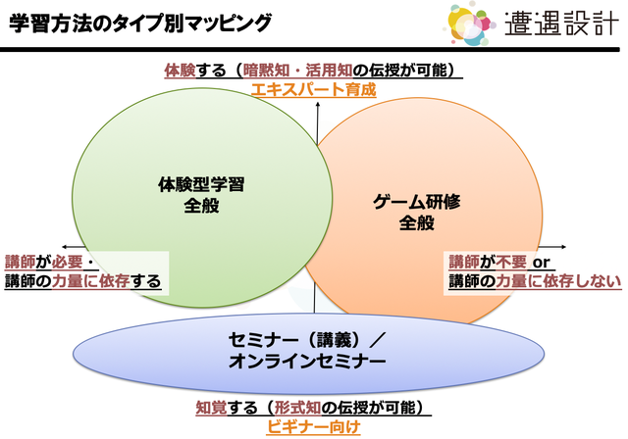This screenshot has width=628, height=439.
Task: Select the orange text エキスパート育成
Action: [x=313, y=89]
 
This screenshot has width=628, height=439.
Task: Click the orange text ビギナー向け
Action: [x=314, y=426]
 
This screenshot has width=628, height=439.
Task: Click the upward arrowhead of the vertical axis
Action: [x=317, y=113]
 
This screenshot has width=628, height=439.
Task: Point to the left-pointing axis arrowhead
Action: [x=64, y=246]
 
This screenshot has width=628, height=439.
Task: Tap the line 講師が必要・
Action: [x=49, y=262]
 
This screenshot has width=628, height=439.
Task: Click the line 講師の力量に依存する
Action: [x=82, y=282]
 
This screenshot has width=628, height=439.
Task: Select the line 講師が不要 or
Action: [x=501, y=262]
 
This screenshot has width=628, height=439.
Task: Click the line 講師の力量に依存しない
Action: [x=535, y=282]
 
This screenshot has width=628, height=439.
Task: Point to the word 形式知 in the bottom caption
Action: [x=286, y=408]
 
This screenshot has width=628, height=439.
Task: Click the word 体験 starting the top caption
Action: [x=179, y=71]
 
